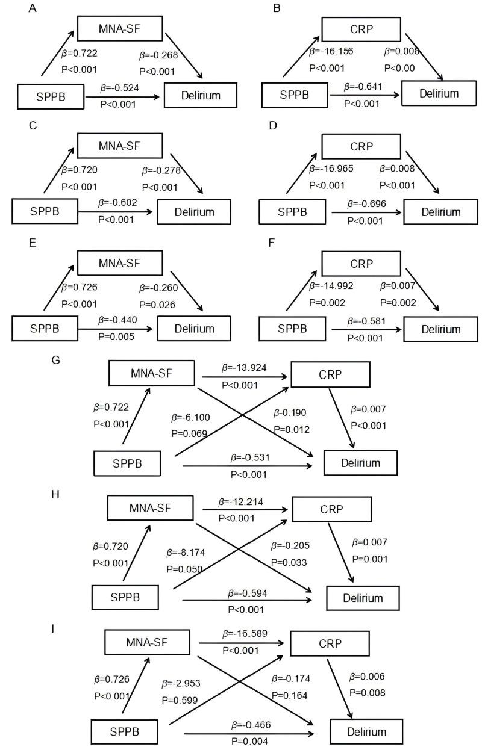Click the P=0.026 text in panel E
click(x=158, y=305)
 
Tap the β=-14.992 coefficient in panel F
click(x=330, y=287)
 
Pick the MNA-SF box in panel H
click(x=149, y=508)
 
